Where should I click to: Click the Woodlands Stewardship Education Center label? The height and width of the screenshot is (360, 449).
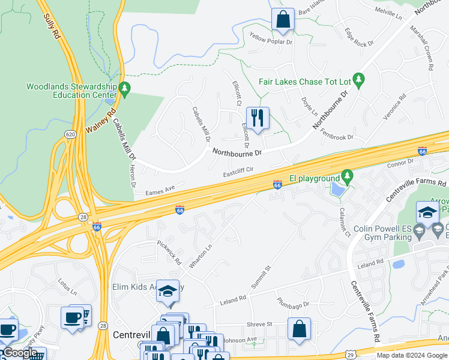(x=71, y=90)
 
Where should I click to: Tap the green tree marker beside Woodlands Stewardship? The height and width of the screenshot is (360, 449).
(x=125, y=90)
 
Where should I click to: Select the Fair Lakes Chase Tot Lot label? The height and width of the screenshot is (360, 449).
(x=304, y=82)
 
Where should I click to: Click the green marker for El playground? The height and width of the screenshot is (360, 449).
(x=347, y=178)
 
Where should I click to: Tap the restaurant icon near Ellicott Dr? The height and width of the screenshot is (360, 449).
(x=258, y=118)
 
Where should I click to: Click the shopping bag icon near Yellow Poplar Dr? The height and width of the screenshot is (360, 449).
(x=283, y=19)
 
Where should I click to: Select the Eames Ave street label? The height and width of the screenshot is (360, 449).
(x=160, y=190)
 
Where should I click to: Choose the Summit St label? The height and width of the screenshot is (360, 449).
(x=260, y=275)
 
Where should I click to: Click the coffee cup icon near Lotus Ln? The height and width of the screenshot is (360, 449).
(x=73, y=318)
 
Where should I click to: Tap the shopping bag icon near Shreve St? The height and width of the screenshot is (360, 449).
(x=298, y=329)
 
